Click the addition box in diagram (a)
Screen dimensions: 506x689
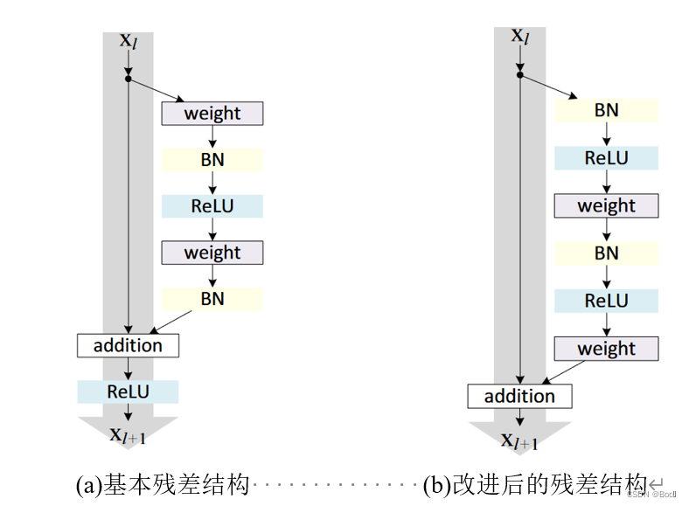pos(128,345)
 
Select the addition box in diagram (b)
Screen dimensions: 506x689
pos(519,396)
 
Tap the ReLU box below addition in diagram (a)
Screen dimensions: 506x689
pos(128,392)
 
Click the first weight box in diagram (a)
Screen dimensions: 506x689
pos(212,113)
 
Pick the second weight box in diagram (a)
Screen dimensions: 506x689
pos(212,253)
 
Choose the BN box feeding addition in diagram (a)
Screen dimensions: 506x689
pos(212,299)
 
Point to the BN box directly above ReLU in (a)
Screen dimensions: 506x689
pos(212,159)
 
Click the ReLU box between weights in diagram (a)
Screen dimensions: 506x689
pos(212,206)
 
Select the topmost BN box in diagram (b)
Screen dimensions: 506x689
pos(606,110)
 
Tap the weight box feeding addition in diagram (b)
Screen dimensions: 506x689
pos(606,349)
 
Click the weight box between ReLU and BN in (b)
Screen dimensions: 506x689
pos(606,206)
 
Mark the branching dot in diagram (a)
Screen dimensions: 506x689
pos(129,80)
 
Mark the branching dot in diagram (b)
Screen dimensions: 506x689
pos(520,75)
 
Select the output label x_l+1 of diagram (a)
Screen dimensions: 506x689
pos(128,434)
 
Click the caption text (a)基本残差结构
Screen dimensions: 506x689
pos(163,483)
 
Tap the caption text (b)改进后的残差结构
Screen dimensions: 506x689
pos(533,483)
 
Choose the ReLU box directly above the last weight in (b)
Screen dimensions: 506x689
pos(606,301)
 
